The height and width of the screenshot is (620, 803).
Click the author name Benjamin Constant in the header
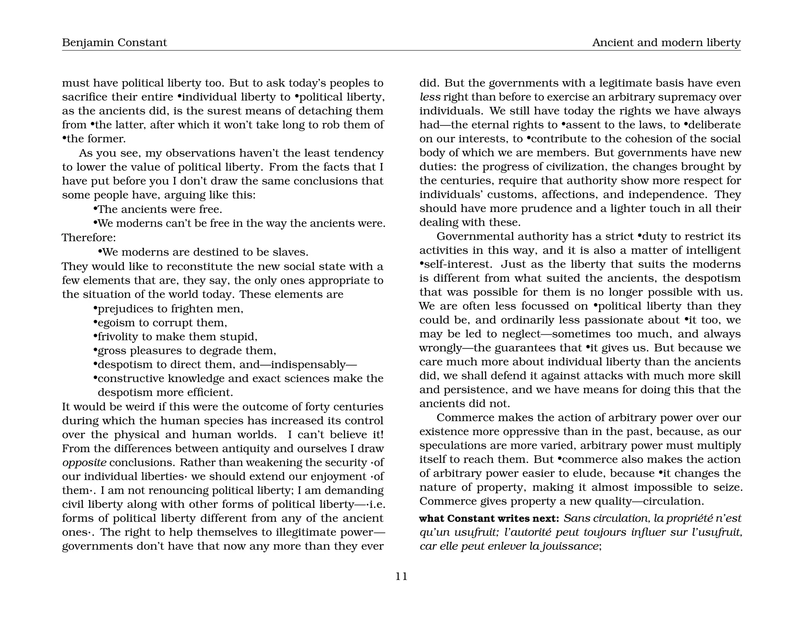click(114, 42)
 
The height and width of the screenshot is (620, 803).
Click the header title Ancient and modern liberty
click(666, 42)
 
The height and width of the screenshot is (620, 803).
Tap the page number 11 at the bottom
click(401, 576)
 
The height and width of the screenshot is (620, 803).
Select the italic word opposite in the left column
click(84, 462)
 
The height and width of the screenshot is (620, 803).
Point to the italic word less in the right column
click(430, 97)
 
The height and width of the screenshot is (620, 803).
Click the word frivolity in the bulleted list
click(118, 337)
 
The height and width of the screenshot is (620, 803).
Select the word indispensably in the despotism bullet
click(308, 364)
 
